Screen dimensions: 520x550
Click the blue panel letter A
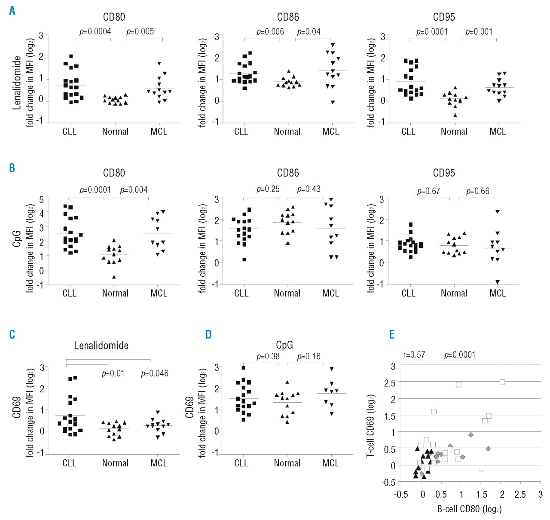point(12,11)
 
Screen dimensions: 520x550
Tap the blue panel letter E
point(391,335)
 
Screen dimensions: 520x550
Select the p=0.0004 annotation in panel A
point(95,31)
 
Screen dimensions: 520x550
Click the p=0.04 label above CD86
point(309,32)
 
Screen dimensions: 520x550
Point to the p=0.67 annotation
point(428,191)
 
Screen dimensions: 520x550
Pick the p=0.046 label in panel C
point(155,373)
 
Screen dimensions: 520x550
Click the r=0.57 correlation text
point(414,355)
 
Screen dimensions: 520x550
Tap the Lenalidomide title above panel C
point(101,346)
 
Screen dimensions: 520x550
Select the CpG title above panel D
point(284,345)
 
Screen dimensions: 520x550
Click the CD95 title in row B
point(444,173)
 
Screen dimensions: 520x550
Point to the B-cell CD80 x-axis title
point(469,509)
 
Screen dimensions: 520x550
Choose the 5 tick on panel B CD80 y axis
point(41,199)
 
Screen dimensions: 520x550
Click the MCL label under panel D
point(330,463)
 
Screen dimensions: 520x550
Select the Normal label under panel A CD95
point(454,132)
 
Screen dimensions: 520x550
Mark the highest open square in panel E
point(502,382)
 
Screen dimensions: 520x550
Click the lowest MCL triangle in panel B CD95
point(498,282)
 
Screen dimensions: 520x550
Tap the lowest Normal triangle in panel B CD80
point(114,277)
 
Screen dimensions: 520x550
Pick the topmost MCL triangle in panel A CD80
point(159,64)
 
